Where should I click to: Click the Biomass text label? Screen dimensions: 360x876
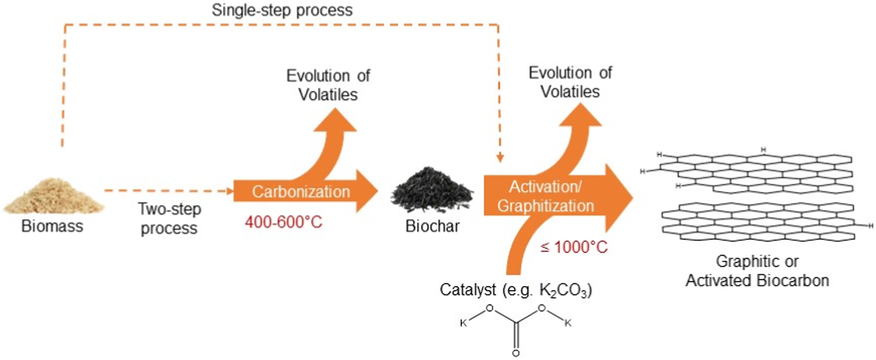[52, 226]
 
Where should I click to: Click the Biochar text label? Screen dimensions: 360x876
[432, 226]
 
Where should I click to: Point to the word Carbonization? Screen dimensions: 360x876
[300, 191]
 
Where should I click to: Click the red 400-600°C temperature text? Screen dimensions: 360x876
[283, 222]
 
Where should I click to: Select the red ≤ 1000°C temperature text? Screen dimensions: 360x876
[574, 247]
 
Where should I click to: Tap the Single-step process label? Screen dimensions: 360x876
[282, 10]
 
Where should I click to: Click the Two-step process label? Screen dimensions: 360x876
[169, 218]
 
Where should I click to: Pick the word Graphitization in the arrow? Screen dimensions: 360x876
[545, 206]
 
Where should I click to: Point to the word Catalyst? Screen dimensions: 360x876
[468, 289]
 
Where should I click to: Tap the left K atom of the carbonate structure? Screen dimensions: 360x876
[463, 323]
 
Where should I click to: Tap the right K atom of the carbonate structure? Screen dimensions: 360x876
[568, 323]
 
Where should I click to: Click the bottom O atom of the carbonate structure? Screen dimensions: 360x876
[516, 353]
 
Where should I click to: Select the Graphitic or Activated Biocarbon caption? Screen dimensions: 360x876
[757, 270]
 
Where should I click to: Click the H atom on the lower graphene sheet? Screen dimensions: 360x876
[871, 226]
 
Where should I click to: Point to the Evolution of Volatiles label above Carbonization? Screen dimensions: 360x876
[328, 85]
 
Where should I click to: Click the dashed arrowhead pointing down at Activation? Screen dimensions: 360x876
[500, 159]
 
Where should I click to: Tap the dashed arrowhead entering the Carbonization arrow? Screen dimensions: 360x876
[230, 191]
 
